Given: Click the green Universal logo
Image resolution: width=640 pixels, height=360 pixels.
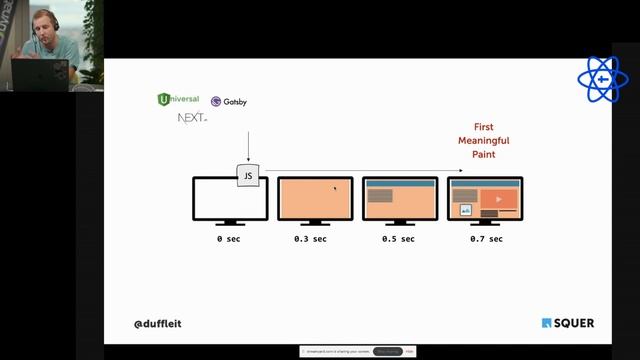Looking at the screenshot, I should point(179,99).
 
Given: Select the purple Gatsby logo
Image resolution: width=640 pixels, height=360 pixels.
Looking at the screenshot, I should point(229,101).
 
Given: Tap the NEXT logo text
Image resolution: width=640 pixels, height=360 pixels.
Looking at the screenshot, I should point(191,118).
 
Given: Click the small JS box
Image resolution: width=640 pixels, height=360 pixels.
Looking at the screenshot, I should point(248,176).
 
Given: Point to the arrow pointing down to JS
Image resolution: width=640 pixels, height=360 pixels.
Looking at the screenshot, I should point(248,145).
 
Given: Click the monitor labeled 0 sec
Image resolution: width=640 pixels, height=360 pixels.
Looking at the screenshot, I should point(229,199).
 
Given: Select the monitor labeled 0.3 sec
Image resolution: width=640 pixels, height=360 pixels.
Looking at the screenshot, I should point(315,199).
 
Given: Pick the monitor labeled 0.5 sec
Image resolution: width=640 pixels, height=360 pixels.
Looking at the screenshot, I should point(400,199).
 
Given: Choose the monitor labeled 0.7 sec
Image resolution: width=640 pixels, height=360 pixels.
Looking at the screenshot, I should point(486,199).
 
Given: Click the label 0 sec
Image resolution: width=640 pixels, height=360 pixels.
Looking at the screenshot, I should point(229,239).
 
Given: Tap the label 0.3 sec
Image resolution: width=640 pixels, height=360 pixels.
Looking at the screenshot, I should point(310,239).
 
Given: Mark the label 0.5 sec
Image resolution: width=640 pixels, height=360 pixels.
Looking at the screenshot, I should point(397,239).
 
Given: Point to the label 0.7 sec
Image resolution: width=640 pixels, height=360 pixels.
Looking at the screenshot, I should point(486,239).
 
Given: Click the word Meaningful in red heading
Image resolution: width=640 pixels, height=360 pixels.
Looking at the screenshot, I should point(485,141).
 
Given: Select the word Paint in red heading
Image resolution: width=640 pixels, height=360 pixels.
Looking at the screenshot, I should point(485,155).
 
